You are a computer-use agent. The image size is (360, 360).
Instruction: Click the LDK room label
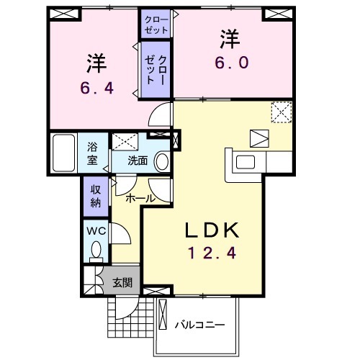212,230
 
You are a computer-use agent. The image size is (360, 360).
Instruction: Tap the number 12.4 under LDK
212,253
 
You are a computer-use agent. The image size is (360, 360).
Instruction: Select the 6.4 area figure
97,88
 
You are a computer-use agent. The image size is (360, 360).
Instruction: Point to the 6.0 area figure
232,63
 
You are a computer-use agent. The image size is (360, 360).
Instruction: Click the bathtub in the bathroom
63,153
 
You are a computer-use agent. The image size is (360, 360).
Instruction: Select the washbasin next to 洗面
163,161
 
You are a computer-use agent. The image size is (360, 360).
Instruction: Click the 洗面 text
138,161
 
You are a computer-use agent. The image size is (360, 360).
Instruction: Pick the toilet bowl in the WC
96,250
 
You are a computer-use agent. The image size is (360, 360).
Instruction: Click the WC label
96,231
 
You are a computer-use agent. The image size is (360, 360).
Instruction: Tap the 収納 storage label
96,197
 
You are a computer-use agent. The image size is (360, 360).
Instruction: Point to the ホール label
140,199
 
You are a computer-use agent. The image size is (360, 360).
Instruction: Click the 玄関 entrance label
122,283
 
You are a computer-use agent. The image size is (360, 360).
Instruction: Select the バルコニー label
199,325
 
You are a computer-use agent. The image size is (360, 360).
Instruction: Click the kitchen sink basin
246,162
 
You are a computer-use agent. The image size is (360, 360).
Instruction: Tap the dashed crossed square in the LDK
282,112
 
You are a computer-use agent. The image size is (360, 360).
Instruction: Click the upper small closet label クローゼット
156,24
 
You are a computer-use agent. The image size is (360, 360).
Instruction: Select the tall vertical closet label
156,70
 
